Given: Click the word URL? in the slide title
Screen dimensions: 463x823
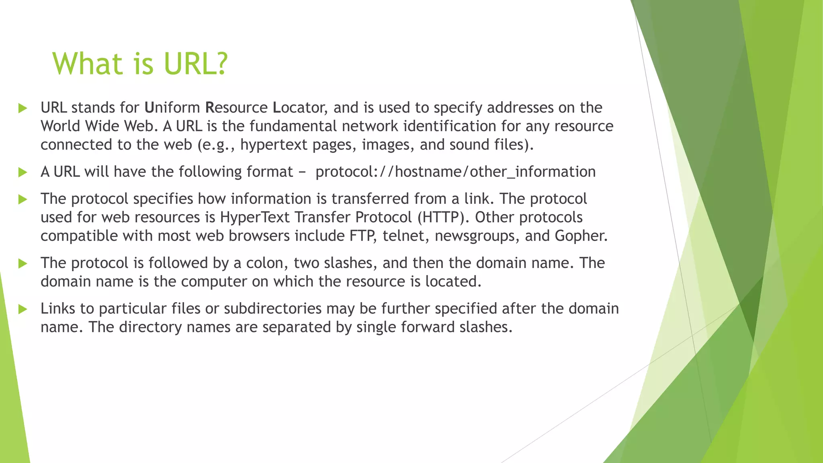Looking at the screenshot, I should pos(196,64).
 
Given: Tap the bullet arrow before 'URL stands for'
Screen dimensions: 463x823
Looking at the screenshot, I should pos(23,108).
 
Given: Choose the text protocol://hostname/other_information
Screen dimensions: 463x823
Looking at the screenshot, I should pos(455,172).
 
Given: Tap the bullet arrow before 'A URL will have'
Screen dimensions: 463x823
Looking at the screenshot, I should pos(23,172).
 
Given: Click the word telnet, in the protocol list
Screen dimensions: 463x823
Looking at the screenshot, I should pos(406,236).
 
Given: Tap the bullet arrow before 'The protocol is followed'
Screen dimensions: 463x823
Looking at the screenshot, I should pos(23,264).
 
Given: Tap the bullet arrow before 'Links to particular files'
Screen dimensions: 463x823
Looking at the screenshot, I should pos(23,309).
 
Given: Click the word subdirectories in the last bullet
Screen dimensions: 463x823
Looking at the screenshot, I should pos(273,309).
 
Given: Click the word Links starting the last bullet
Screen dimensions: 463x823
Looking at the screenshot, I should pos(57,309).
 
